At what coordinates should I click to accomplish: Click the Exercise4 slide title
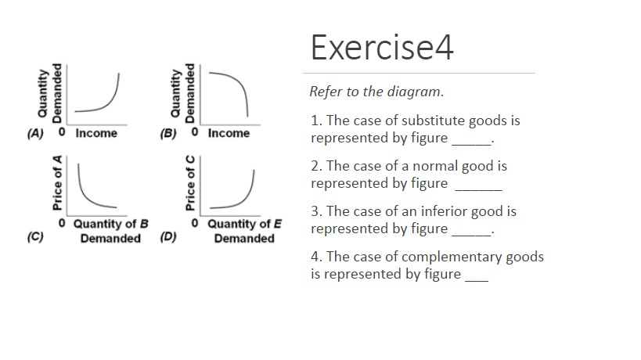pyautogui.click(x=382, y=48)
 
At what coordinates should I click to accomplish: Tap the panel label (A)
pyautogui.click(x=35, y=133)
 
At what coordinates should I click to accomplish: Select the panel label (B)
pyautogui.click(x=168, y=133)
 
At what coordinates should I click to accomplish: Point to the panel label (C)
pyautogui.click(x=35, y=236)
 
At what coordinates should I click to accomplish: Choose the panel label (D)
pyautogui.click(x=167, y=236)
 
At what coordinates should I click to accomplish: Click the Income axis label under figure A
pyautogui.click(x=96, y=133)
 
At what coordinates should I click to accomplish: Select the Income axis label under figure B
pyautogui.click(x=229, y=133)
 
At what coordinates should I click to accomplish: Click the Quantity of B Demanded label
pyautogui.click(x=110, y=231)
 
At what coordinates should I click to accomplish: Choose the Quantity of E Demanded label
pyautogui.click(x=243, y=231)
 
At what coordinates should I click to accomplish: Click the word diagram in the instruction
pyautogui.click(x=420, y=92)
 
